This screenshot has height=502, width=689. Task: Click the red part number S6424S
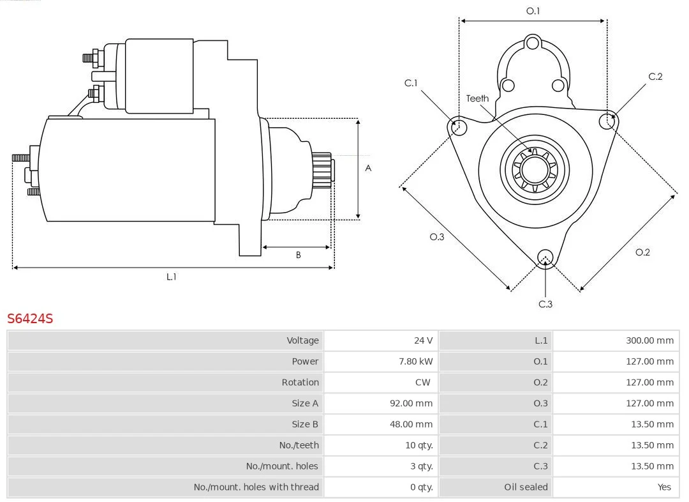coord(30,318)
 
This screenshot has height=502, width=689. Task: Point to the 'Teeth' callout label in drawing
coord(477,98)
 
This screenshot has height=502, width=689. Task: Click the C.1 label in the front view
coord(411,83)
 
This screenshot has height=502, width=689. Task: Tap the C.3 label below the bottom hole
coord(545,304)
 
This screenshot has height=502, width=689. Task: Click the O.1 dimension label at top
coord(533,11)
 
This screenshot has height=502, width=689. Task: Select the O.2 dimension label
coord(642,252)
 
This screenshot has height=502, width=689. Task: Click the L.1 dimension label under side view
coord(171,277)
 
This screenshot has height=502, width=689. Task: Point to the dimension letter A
coord(368,169)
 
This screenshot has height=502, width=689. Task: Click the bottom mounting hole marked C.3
coord(545,257)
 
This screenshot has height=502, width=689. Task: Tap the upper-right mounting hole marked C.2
coord(607,121)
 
